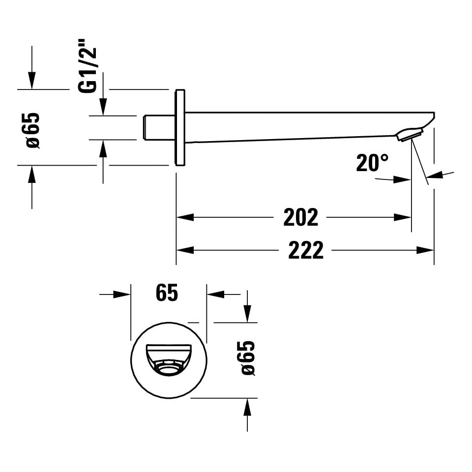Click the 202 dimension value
click(300, 217)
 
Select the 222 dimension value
click(305, 250)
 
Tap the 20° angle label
click(372, 163)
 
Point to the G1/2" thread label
click(88, 65)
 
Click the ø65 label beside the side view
click(32, 131)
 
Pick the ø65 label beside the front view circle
click(248, 358)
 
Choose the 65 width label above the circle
click(167, 293)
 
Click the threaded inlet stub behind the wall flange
click(159, 127)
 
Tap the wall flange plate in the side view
click(180, 127)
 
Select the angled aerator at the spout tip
click(410, 134)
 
